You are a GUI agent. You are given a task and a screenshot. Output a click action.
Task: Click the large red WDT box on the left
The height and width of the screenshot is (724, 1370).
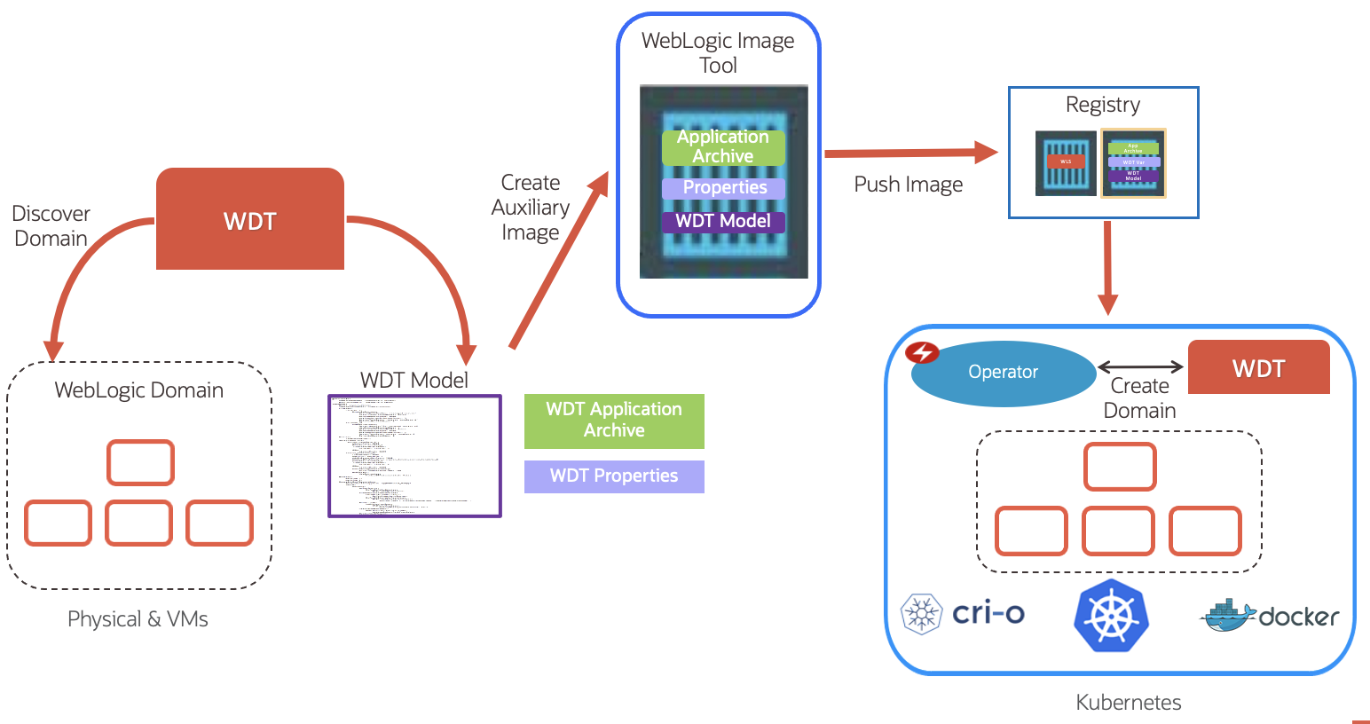point(249,219)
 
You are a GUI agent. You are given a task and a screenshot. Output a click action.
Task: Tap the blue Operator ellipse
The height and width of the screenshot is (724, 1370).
point(1004,373)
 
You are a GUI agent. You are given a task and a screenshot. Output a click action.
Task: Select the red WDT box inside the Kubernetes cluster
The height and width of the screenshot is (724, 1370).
point(1258,367)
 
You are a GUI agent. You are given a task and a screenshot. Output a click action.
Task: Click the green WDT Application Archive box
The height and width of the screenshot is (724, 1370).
point(614,421)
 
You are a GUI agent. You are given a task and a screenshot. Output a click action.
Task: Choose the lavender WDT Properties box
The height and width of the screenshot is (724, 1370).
point(614,476)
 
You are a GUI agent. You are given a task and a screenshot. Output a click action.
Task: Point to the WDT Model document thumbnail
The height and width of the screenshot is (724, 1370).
point(414,456)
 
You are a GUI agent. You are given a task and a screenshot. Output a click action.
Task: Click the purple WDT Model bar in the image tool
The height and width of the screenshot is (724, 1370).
point(723,222)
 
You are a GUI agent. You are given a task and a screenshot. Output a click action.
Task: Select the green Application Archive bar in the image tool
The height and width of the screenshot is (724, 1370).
point(723,147)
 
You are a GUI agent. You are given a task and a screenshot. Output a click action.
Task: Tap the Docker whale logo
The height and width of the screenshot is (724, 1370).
point(1227,615)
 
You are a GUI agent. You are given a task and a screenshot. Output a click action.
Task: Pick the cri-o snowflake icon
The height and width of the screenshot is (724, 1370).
point(922,613)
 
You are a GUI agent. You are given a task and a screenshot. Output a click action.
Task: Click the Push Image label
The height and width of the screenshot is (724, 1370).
point(908,185)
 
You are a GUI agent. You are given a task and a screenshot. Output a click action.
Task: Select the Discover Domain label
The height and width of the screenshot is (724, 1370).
point(51,226)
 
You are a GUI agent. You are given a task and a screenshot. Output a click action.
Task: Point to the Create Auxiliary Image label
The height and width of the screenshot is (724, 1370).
point(531,208)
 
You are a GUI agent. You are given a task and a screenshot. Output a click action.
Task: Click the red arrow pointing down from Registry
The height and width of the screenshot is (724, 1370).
point(1107,266)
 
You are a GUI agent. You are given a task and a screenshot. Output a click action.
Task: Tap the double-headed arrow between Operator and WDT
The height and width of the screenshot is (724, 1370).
point(1140,366)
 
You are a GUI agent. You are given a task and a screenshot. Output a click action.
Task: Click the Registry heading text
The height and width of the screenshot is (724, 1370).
point(1102,105)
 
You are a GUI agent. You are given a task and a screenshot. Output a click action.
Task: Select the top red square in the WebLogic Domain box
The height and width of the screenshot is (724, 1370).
point(140,462)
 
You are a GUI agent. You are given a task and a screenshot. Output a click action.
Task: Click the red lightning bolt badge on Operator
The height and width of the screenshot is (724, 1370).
point(922,352)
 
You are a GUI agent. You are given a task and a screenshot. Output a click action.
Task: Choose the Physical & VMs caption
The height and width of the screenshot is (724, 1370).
point(138,619)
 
